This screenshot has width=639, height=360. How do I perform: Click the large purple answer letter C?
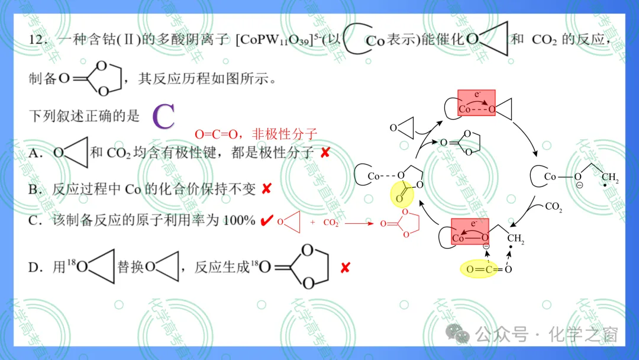163,116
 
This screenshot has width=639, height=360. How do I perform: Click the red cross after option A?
325,153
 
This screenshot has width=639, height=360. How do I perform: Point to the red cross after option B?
266,189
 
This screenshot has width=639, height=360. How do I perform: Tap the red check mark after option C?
266,221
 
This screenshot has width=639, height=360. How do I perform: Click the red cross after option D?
345,268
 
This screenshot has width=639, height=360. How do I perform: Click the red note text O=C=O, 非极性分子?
256,134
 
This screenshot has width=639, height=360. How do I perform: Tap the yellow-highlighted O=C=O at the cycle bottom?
479,269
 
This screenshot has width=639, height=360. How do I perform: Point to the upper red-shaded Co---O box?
476,103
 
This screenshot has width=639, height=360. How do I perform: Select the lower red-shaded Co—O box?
470,232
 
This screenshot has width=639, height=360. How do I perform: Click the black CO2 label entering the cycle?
553,207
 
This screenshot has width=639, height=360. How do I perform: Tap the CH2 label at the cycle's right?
610,178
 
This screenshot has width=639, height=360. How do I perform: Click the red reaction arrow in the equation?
359,223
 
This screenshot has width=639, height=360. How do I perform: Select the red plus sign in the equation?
312,223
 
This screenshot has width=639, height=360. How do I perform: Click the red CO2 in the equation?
331,223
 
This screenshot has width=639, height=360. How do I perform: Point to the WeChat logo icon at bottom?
457,333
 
